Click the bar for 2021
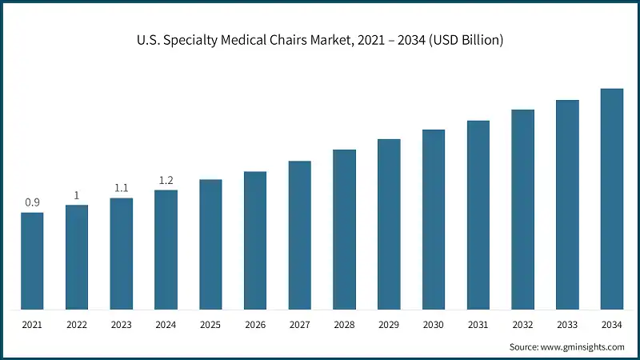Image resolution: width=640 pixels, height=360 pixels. tap(32, 261)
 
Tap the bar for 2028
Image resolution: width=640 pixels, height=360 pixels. tap(344, 230)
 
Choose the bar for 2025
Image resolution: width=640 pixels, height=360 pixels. tap(210, 244)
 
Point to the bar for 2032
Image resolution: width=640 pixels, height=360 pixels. tap(522, 210)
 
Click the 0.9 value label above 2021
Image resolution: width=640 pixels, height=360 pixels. tap(32, 202)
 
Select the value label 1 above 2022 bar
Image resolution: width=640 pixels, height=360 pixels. tap(77, 195)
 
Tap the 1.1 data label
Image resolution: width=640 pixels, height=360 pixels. tap(121, 188)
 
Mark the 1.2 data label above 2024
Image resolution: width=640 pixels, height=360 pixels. tap(166, 180)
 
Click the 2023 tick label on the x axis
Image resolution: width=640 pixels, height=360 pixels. tap(121, 325)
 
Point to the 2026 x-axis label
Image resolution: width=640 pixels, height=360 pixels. tap(255, 325)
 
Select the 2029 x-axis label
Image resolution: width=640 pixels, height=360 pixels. tap(389, 325)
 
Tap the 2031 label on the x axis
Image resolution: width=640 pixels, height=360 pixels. tap(478, 325)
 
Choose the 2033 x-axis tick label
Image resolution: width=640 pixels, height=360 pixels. tap(567, 325)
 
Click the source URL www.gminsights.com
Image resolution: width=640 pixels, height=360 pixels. tap(581, 346)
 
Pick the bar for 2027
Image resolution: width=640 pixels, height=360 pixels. tap(300, 235)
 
